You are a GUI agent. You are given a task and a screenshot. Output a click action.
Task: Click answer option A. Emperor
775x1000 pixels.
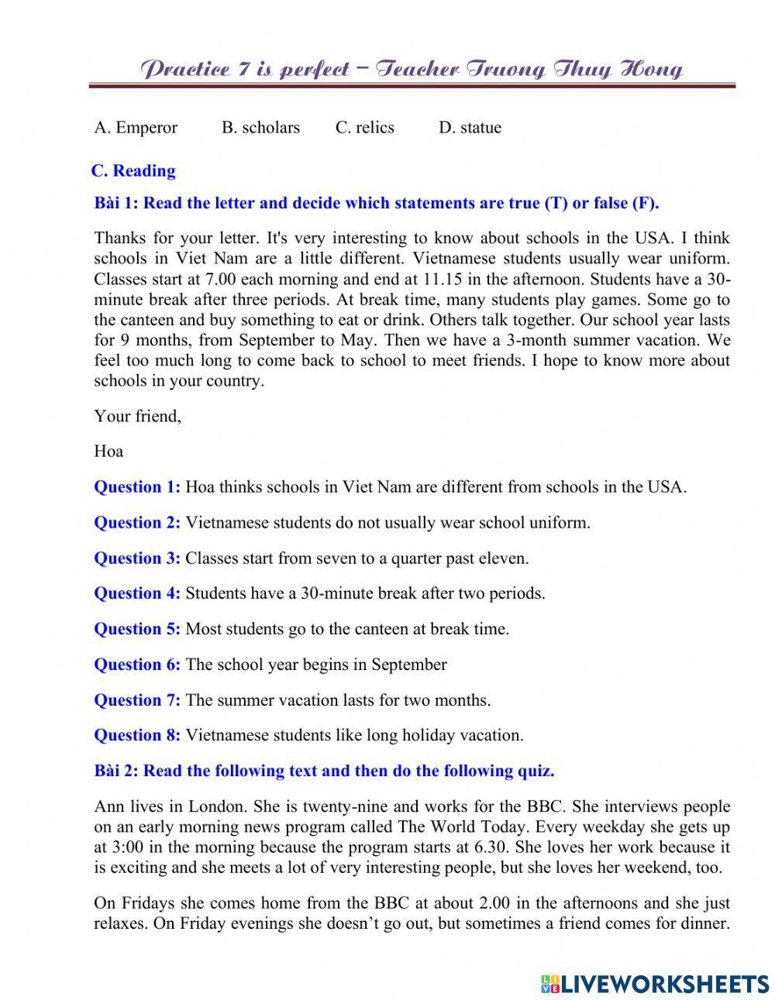tap(136, 128)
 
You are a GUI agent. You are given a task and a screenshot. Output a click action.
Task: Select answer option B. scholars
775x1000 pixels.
tap(260, 128)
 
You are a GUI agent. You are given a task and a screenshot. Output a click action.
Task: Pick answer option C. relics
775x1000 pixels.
tap(364, 128)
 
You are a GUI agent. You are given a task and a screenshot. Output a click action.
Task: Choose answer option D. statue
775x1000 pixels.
tap(470, 128)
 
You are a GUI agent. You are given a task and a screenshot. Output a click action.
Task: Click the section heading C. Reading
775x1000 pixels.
tap(133, 171)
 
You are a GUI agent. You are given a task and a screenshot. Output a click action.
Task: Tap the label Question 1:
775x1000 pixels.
tap(137, 487)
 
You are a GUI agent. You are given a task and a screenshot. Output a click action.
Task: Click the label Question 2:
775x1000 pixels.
tap(137, 523)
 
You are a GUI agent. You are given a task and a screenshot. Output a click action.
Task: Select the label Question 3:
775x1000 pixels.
tap(137, 558)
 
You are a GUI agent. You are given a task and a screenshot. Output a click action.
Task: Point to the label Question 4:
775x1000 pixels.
tap(137, 594)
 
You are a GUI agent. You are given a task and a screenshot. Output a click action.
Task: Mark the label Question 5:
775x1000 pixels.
tap(137, 629)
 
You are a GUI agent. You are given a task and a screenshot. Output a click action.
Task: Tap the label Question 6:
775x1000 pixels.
tap(137, 665)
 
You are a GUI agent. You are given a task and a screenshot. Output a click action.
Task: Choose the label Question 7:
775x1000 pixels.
tap(137, 700)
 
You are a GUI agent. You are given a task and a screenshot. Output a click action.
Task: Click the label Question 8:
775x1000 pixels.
tap(137, 735)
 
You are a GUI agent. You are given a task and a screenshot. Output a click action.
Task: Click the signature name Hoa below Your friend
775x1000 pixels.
tap(108, 451)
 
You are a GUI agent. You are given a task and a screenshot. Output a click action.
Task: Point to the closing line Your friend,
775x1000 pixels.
tap(137, 416)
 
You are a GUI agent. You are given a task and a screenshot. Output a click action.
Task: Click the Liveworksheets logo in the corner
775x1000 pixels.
tap(655, 983)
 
